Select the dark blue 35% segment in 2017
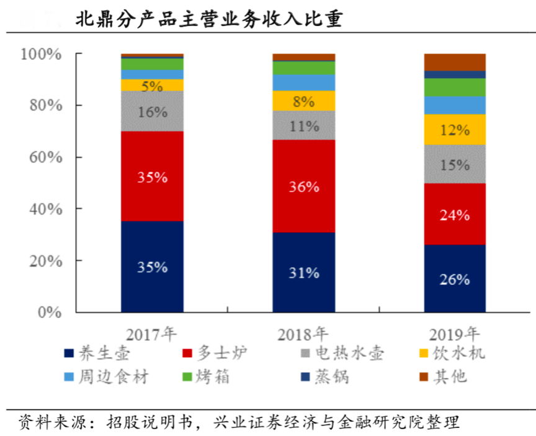pos(152,266)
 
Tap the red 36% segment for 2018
pos(304,186)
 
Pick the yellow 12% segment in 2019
pos(455,130)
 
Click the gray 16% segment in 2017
pos(152,111)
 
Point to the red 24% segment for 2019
pos(455,214)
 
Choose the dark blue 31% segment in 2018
pos(304,272)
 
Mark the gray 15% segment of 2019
pos(455,165)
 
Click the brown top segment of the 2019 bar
pos(455,62)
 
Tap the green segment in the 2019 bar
pos(455,88)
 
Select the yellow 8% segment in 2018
pos(304,101)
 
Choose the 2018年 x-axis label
pos(303,334)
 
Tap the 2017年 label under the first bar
pos(151,334)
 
